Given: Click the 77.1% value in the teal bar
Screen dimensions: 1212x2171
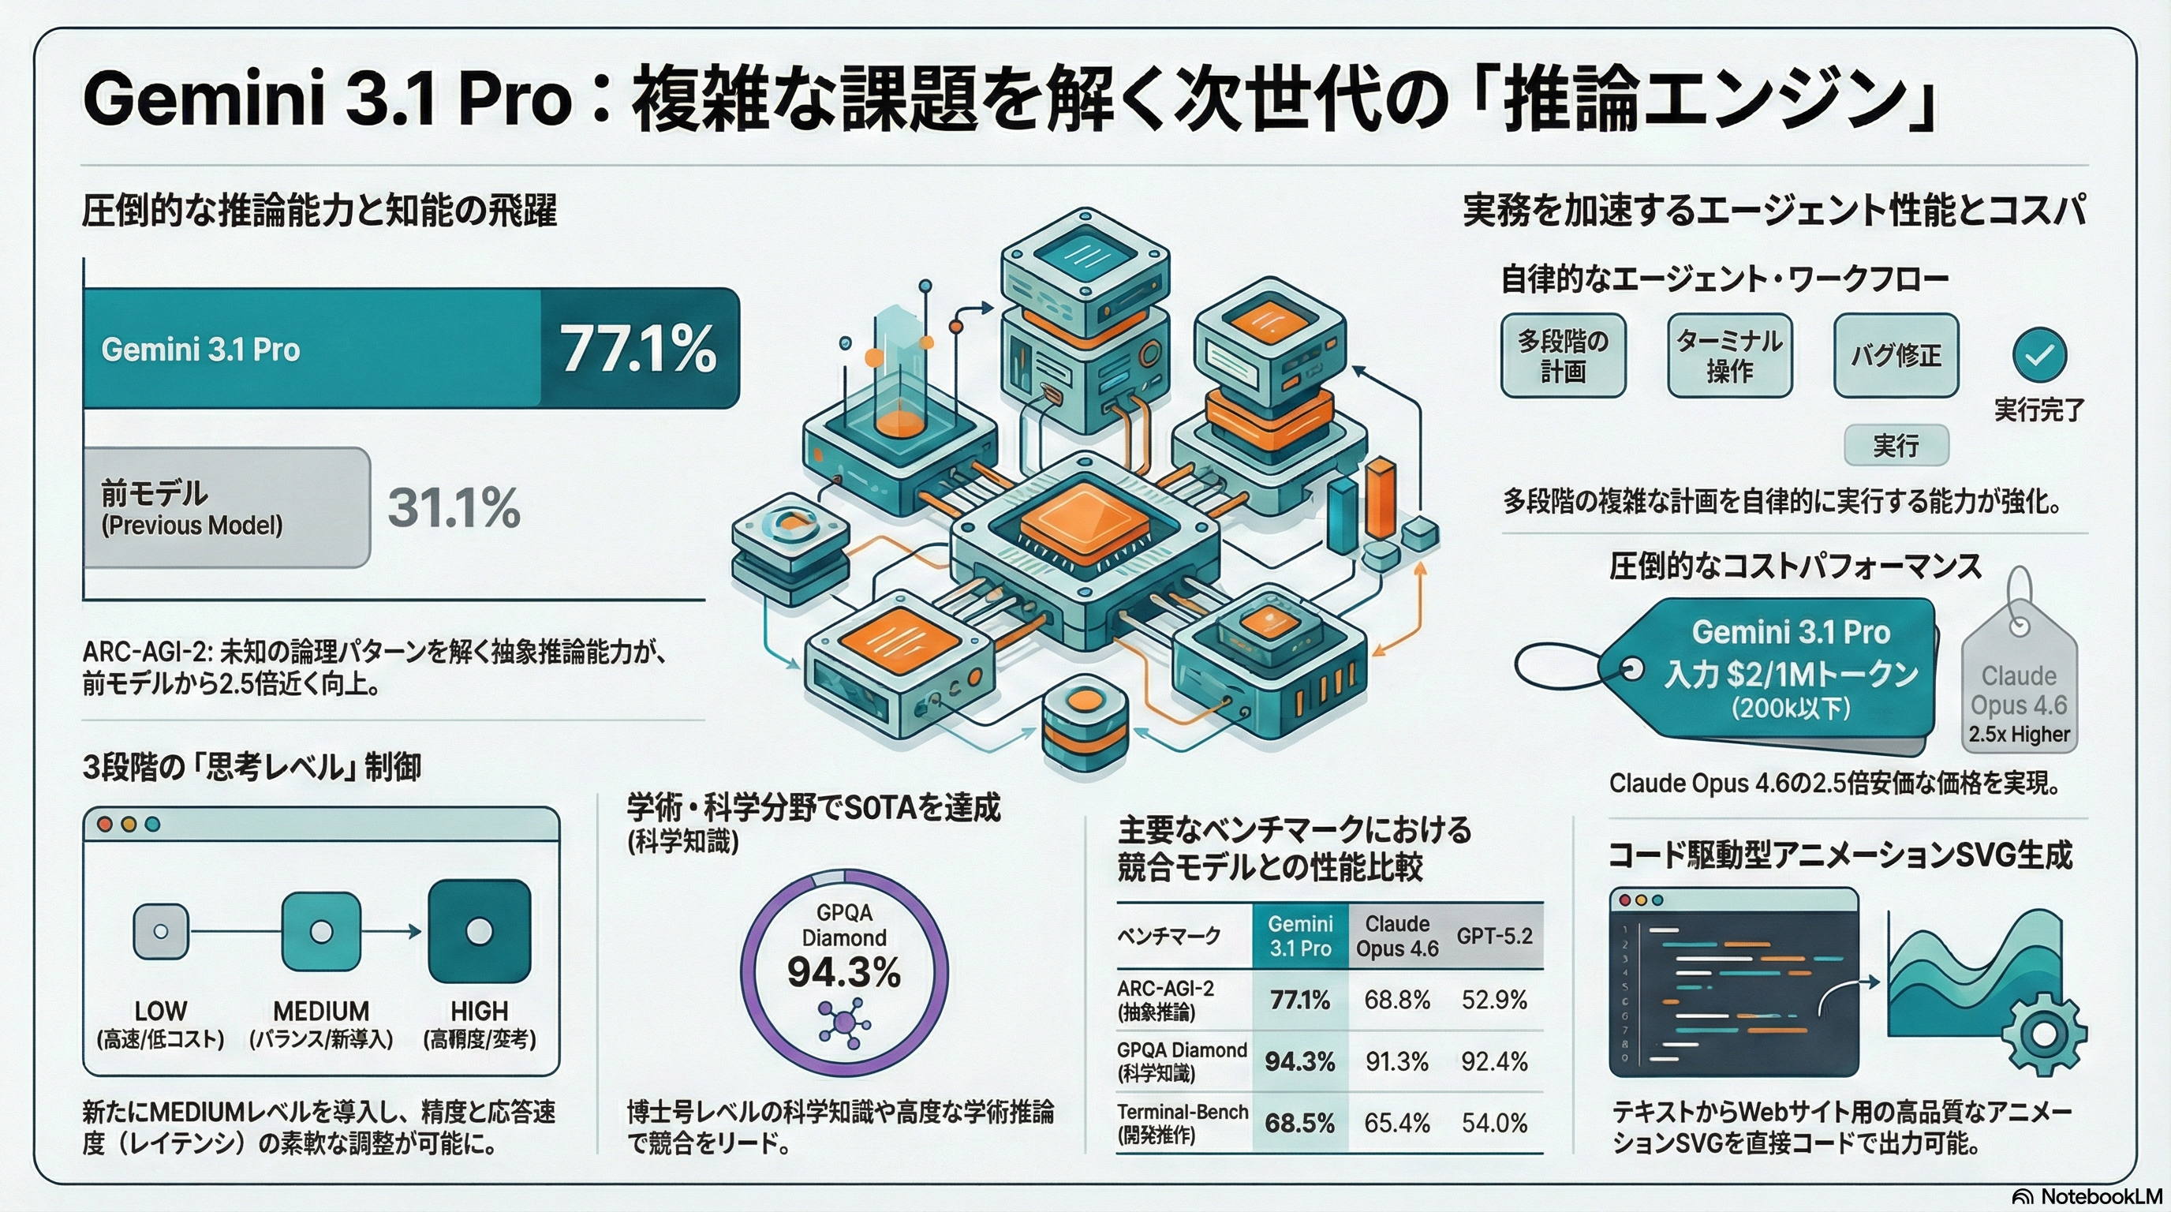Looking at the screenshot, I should [638, 349].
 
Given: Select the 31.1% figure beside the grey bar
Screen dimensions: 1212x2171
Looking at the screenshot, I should [454, 507].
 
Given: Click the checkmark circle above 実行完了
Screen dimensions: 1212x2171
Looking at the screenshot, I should [2039, 355].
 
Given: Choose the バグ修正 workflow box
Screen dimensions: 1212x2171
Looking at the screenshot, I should [1896, 355].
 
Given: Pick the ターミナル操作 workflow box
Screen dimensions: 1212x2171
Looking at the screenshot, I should [1729, 355].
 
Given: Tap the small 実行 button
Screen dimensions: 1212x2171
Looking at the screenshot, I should [1896, 445].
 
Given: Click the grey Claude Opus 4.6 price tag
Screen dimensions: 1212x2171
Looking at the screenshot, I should [2019, 691].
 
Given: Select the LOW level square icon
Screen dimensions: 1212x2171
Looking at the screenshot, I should [161, 931].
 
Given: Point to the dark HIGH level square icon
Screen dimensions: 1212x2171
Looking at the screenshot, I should [480, 931].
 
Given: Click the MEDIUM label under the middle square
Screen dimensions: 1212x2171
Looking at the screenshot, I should [321, 1011].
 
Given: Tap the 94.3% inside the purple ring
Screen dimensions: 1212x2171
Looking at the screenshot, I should [843, 973].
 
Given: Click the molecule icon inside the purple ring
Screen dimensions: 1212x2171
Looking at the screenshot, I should [843, 1023].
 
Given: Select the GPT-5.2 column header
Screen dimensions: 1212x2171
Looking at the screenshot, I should [1494, 936].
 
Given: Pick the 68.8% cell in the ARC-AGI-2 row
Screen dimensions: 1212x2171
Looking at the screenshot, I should [1396, 1000].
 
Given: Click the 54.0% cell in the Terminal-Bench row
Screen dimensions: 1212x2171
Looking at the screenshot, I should [1494, 1123].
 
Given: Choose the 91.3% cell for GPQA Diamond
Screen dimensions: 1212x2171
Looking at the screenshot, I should [1396, 1061].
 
